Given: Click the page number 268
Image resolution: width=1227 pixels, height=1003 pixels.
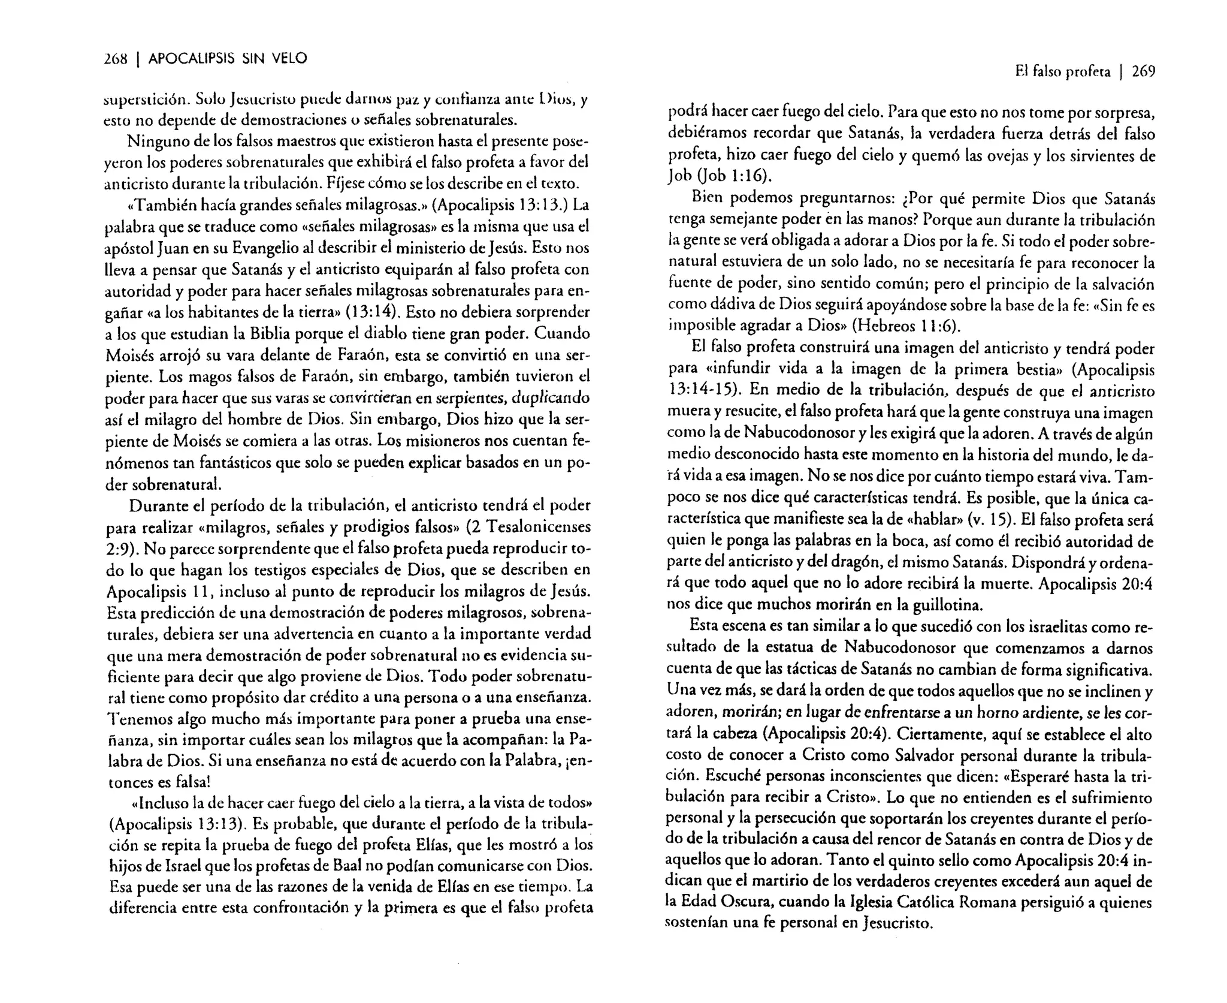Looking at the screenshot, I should [x=116, y=59].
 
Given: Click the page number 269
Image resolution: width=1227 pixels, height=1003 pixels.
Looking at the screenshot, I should [x=1143, y=72].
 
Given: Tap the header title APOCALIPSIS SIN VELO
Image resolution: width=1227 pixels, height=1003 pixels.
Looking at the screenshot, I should [x=228, y=59].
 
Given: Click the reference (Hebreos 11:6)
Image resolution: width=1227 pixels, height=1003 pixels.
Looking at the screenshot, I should [x=906, y=327].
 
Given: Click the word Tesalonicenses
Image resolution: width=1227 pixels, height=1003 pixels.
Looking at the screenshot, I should [x=538, y=527].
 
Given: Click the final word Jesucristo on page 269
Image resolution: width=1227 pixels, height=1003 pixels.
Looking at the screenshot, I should [x=895, y=923].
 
